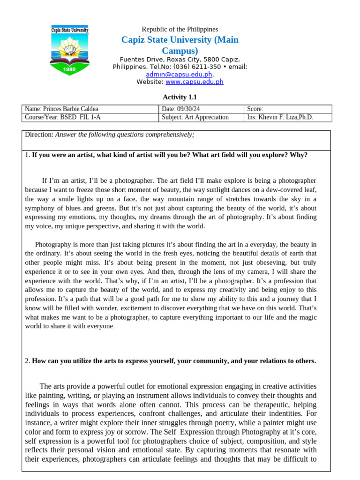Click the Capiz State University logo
[x=69, y=51]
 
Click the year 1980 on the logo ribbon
[x=69, y=69]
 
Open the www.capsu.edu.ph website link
[x=194, y=82]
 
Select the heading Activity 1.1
[x=180, y=97]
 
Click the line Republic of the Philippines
[x=180, y=29]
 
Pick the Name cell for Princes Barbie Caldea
[x=61, y=109]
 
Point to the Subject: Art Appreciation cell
[x=195, y=117]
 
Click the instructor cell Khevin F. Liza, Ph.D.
[x=280, y=117]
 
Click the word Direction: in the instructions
[x=39, y=135]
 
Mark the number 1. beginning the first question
[x=27, y=155]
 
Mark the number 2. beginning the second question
[x=27, y=361]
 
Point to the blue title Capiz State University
[x=180, y=40]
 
